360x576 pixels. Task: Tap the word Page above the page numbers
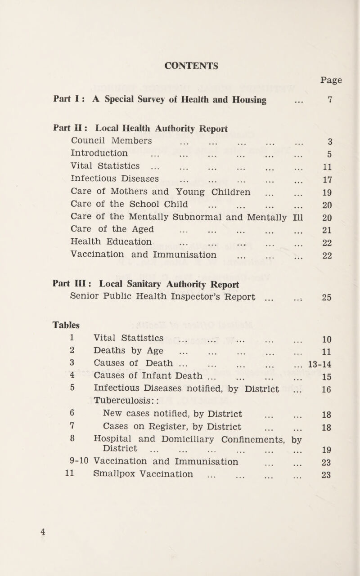pos(333,81)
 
